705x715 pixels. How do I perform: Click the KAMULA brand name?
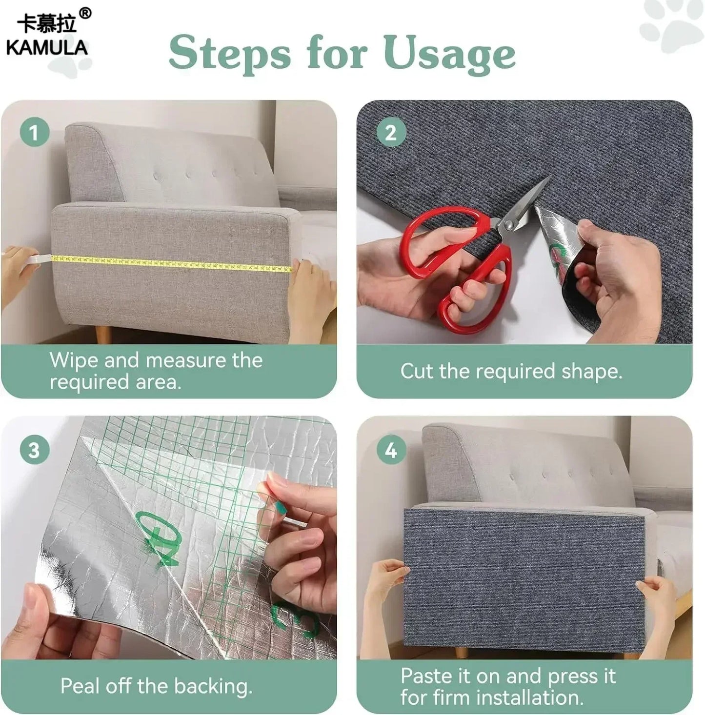(47, 47)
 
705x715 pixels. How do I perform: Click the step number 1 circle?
(34, 133)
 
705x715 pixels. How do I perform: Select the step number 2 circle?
(391, 133)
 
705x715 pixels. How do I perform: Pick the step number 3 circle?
(34, 450)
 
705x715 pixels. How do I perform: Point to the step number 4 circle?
(391, 450)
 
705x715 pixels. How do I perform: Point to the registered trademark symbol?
(85, 13)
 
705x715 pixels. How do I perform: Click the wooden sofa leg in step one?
(103, 335)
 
